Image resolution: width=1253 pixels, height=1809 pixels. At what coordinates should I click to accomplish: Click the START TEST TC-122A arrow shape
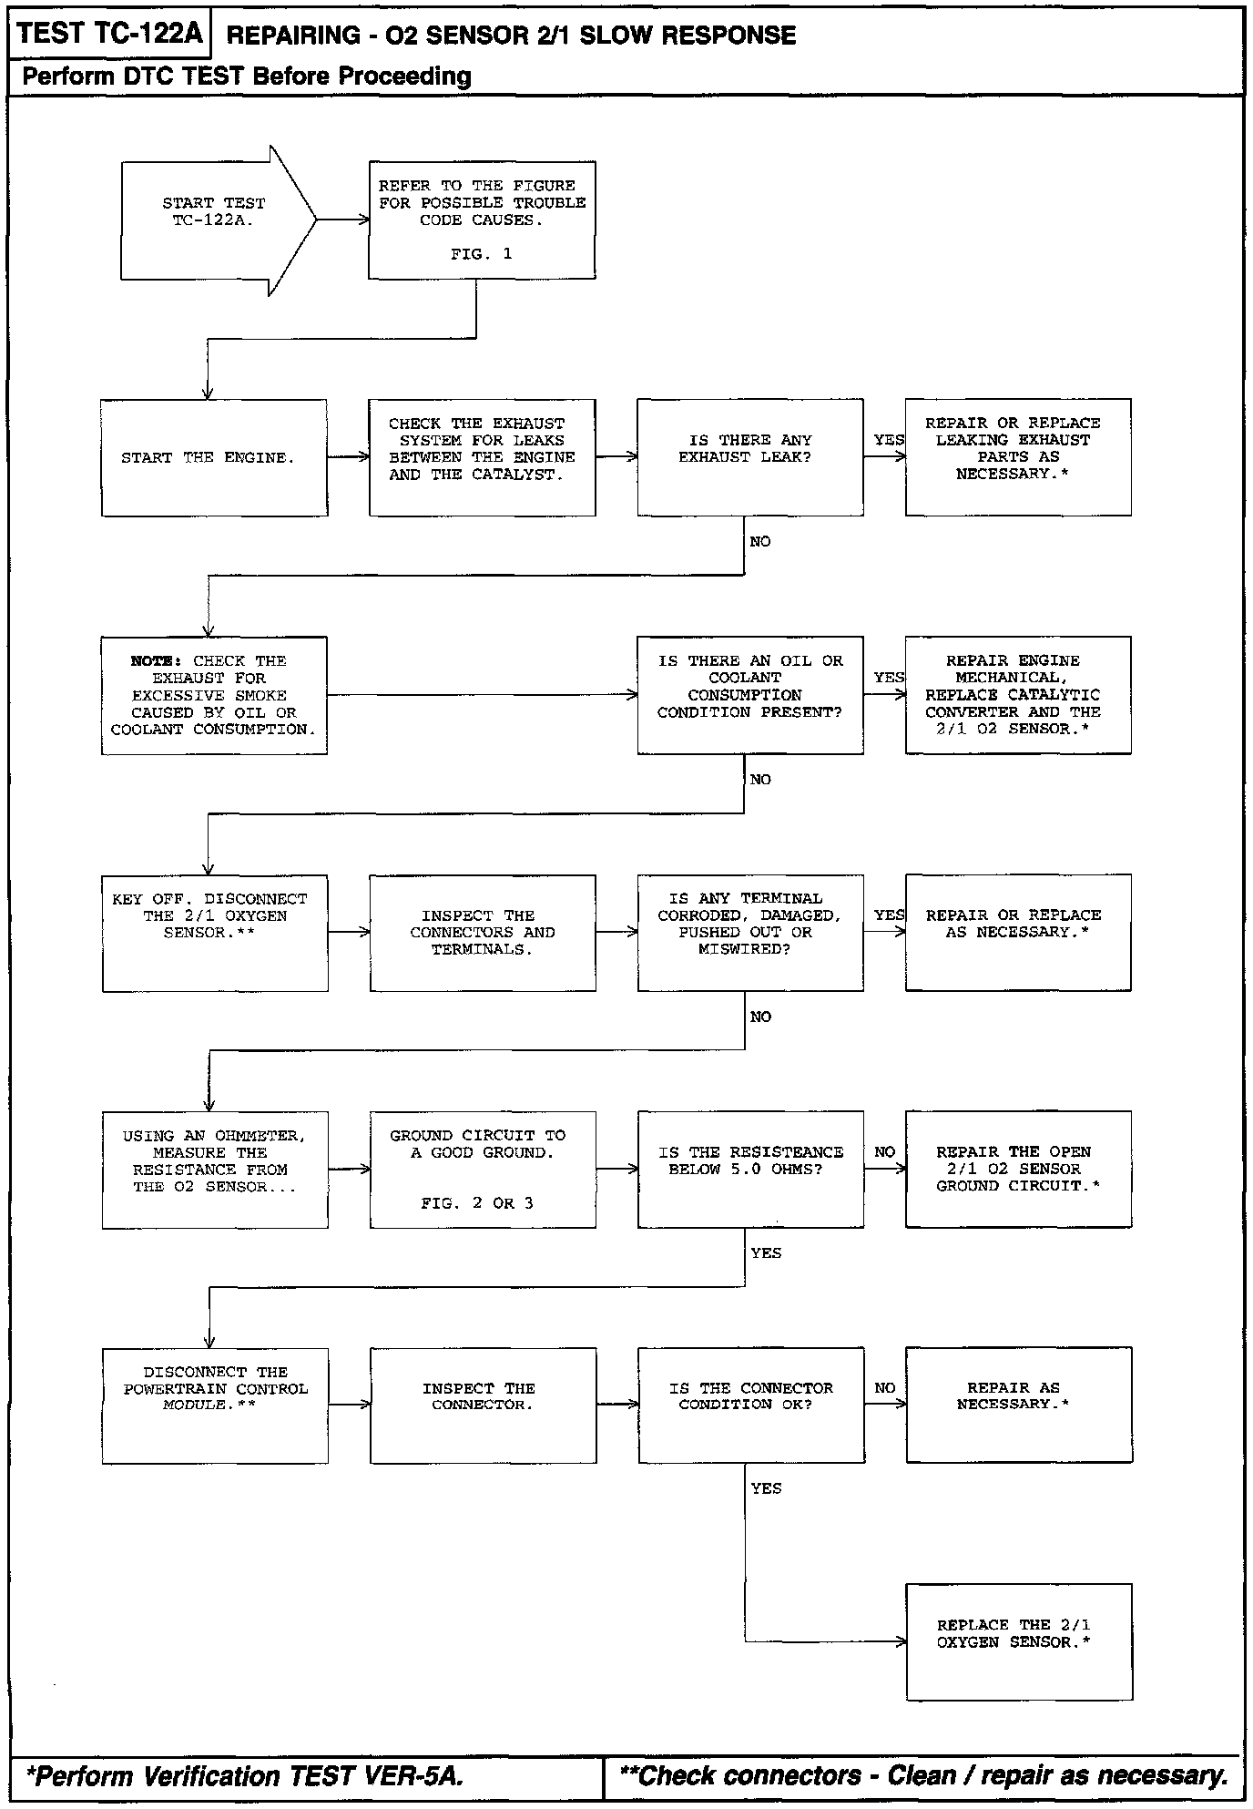pyautogui.click(x=215, y=220)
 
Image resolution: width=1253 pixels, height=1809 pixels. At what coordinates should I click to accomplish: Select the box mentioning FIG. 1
pyautogui.click(x=482, y=220)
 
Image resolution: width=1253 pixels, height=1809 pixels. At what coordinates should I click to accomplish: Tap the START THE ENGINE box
pyautogui.click(x=214, y=457)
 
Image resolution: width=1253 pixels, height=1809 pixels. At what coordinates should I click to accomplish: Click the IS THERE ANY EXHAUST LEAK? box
pyautogui.click(x=749, y=457)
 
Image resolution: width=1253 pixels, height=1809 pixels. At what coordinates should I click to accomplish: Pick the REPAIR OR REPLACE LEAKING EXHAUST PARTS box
pyautogui.click(x=1017, y=457)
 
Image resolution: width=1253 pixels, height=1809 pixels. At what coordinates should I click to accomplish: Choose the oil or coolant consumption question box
pyautogui.click(x=749, y=695)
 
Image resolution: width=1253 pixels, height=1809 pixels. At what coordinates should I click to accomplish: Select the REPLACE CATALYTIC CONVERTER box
pyautogui.click(x=1017, y=695)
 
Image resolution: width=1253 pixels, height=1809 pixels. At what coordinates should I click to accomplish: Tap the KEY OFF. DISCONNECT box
pyautogui.click(x=215, y=933)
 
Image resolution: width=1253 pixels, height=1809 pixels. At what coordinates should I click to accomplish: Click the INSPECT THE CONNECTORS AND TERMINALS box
pyautogui.click(x=482, y=933)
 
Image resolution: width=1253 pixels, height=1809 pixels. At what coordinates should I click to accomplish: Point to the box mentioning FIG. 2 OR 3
pyautogui.click(x=482, y=1170)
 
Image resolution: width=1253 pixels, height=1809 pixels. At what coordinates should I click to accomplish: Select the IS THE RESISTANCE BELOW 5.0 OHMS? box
pyautogui.click(x=749, y=1170)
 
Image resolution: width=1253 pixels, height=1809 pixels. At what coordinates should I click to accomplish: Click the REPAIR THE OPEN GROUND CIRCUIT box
pyautogui.click(x=1017, y=1170)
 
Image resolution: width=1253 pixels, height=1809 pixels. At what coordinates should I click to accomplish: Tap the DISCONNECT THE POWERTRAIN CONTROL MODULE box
pyautogui.click(x=215, y=1405)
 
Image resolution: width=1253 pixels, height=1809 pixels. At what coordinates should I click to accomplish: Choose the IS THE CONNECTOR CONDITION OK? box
pyautogui.click(x=750, y=1405)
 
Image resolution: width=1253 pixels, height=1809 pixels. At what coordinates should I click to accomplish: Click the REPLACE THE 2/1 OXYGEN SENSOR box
pyautogui.click(x=1018, y=1641)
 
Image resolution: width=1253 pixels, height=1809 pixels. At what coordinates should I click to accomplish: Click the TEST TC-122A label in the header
pyautogui.click(x=109, y=35)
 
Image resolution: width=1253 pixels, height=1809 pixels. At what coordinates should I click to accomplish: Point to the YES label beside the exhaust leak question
pyautogui.click(x=888, y=440)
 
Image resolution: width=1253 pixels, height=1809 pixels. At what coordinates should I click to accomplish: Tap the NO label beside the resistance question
pyautogui.click(x=884, y=1152)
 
